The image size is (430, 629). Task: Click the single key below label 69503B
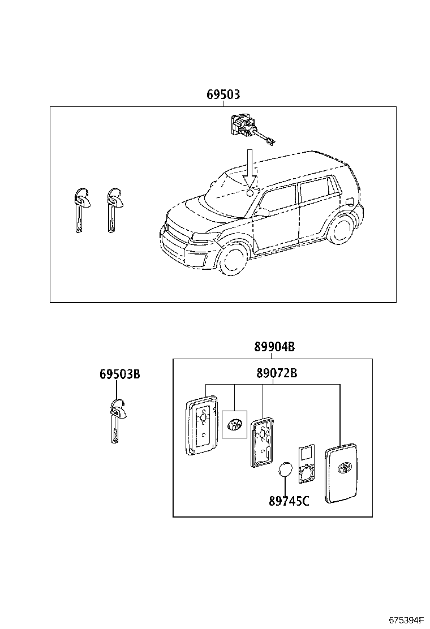(117, 421)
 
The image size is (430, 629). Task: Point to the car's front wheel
(232, 259)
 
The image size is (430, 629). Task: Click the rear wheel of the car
(341, 229)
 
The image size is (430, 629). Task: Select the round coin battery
(286, 470)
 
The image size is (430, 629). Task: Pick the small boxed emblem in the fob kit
(234, 424)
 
